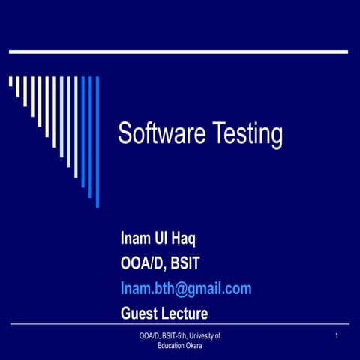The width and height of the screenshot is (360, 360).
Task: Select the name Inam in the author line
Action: pos(136,239)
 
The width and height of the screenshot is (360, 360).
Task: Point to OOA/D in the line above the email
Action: pos(142,264)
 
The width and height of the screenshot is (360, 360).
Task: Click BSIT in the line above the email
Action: pos(184,264)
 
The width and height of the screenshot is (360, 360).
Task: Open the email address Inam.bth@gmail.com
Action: pos(186,289)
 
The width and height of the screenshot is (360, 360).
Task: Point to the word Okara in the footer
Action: pos(190,346)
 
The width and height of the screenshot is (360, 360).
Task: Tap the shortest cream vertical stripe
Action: pos(10,82)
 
